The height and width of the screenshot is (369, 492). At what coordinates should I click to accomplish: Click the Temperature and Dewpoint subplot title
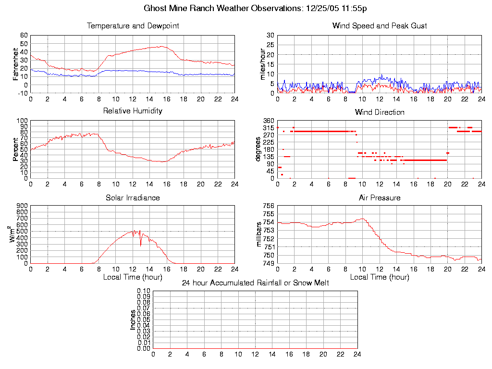[133, 26]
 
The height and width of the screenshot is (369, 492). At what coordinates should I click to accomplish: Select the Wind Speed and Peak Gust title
[379, 26]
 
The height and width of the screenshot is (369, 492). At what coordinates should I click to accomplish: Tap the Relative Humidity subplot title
[133, 111]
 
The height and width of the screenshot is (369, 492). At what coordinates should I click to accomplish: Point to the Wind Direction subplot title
[379, 112]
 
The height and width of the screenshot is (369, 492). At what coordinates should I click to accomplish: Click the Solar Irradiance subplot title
[133, 197]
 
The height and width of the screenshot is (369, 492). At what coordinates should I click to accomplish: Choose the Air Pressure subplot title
[379, 197]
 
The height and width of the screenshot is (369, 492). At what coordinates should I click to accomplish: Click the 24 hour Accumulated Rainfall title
[255, 283]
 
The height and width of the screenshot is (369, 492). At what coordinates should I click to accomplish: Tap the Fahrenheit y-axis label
[15, 63]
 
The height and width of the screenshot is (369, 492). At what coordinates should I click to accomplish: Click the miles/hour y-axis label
[262, 64]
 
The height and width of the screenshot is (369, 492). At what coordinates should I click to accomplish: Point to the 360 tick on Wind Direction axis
[268, 121]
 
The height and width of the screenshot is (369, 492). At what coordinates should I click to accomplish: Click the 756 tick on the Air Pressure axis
[268, 206]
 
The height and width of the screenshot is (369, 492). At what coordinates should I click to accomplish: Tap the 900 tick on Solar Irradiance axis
[22, 206]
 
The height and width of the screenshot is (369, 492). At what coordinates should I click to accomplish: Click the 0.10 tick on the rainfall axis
[144, 291]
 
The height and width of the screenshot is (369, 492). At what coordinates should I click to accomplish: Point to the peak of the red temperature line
[161, 46]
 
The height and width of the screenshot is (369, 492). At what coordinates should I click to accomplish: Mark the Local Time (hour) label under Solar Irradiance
[133, 277]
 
